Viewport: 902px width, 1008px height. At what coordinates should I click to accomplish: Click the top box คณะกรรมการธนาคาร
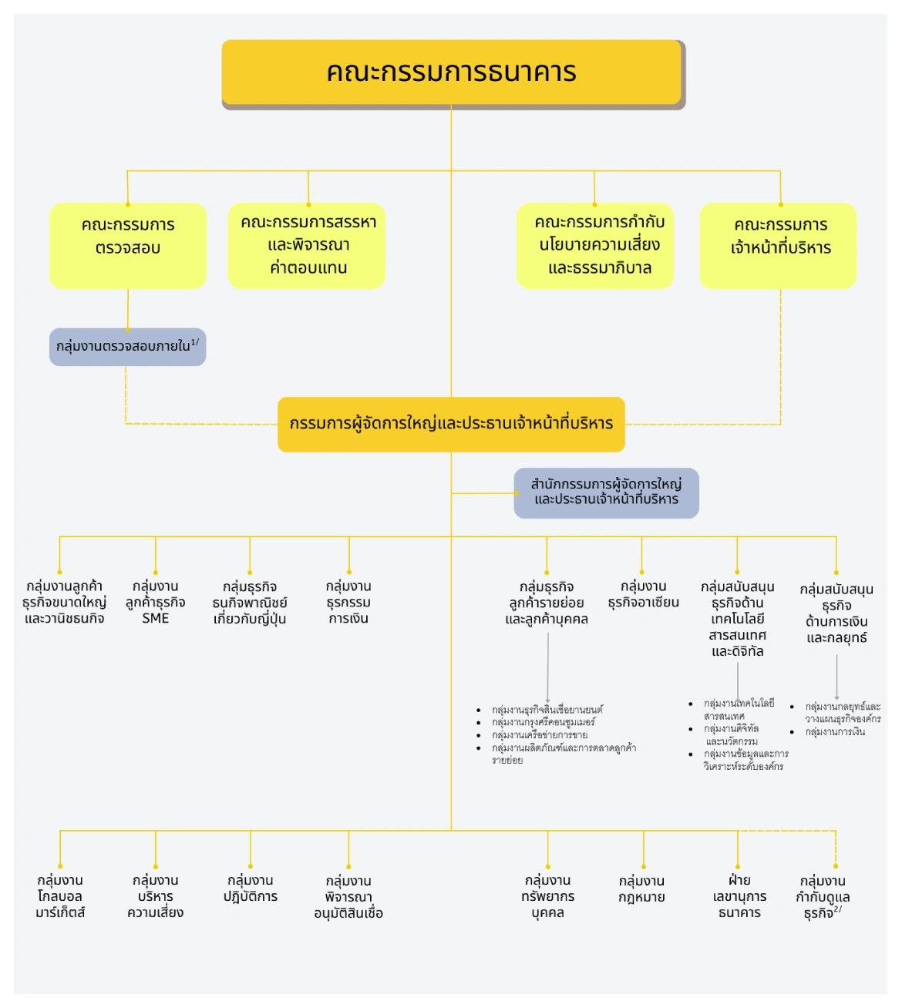point(452,72)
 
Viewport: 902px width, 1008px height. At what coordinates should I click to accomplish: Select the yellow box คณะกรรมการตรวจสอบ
point(128,245)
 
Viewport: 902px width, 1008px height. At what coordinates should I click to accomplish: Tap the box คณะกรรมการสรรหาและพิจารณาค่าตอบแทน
point(307,245)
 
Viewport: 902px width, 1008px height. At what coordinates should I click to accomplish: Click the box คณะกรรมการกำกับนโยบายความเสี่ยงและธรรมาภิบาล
point(595,245)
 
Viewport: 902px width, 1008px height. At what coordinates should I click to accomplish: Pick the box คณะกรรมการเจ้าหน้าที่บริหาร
point(779,245)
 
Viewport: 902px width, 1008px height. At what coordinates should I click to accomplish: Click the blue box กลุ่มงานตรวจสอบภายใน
point(128,347)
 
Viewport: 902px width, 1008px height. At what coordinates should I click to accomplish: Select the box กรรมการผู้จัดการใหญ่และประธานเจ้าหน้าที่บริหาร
point(451,424)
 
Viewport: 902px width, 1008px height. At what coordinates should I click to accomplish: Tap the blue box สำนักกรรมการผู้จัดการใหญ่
point(607,492)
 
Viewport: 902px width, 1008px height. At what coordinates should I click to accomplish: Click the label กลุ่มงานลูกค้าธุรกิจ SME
point(156,602)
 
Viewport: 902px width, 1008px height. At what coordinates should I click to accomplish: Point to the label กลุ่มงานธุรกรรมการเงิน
point(348,602)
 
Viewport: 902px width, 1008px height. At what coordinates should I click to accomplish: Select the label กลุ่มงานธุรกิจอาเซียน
point(643,594)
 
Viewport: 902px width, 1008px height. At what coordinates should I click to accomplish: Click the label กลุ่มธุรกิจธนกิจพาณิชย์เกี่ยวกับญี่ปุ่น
point(250,603)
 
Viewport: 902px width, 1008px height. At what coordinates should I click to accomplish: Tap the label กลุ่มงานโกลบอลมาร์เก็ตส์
point(60,896)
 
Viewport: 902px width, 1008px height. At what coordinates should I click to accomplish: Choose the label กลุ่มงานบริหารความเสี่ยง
point(156,896)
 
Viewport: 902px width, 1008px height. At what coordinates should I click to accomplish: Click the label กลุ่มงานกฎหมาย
point(642,889)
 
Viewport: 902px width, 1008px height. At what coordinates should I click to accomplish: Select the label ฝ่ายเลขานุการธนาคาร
point(739,896)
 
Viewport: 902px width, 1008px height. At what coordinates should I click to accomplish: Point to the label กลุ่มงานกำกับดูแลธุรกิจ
point(823,897)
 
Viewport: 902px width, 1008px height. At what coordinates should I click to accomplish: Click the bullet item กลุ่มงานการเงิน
point(835,732)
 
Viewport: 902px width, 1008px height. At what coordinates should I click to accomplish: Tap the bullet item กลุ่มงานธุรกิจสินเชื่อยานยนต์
point(547,710)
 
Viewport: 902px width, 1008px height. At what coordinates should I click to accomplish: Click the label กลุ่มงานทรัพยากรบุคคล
point(548,896)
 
